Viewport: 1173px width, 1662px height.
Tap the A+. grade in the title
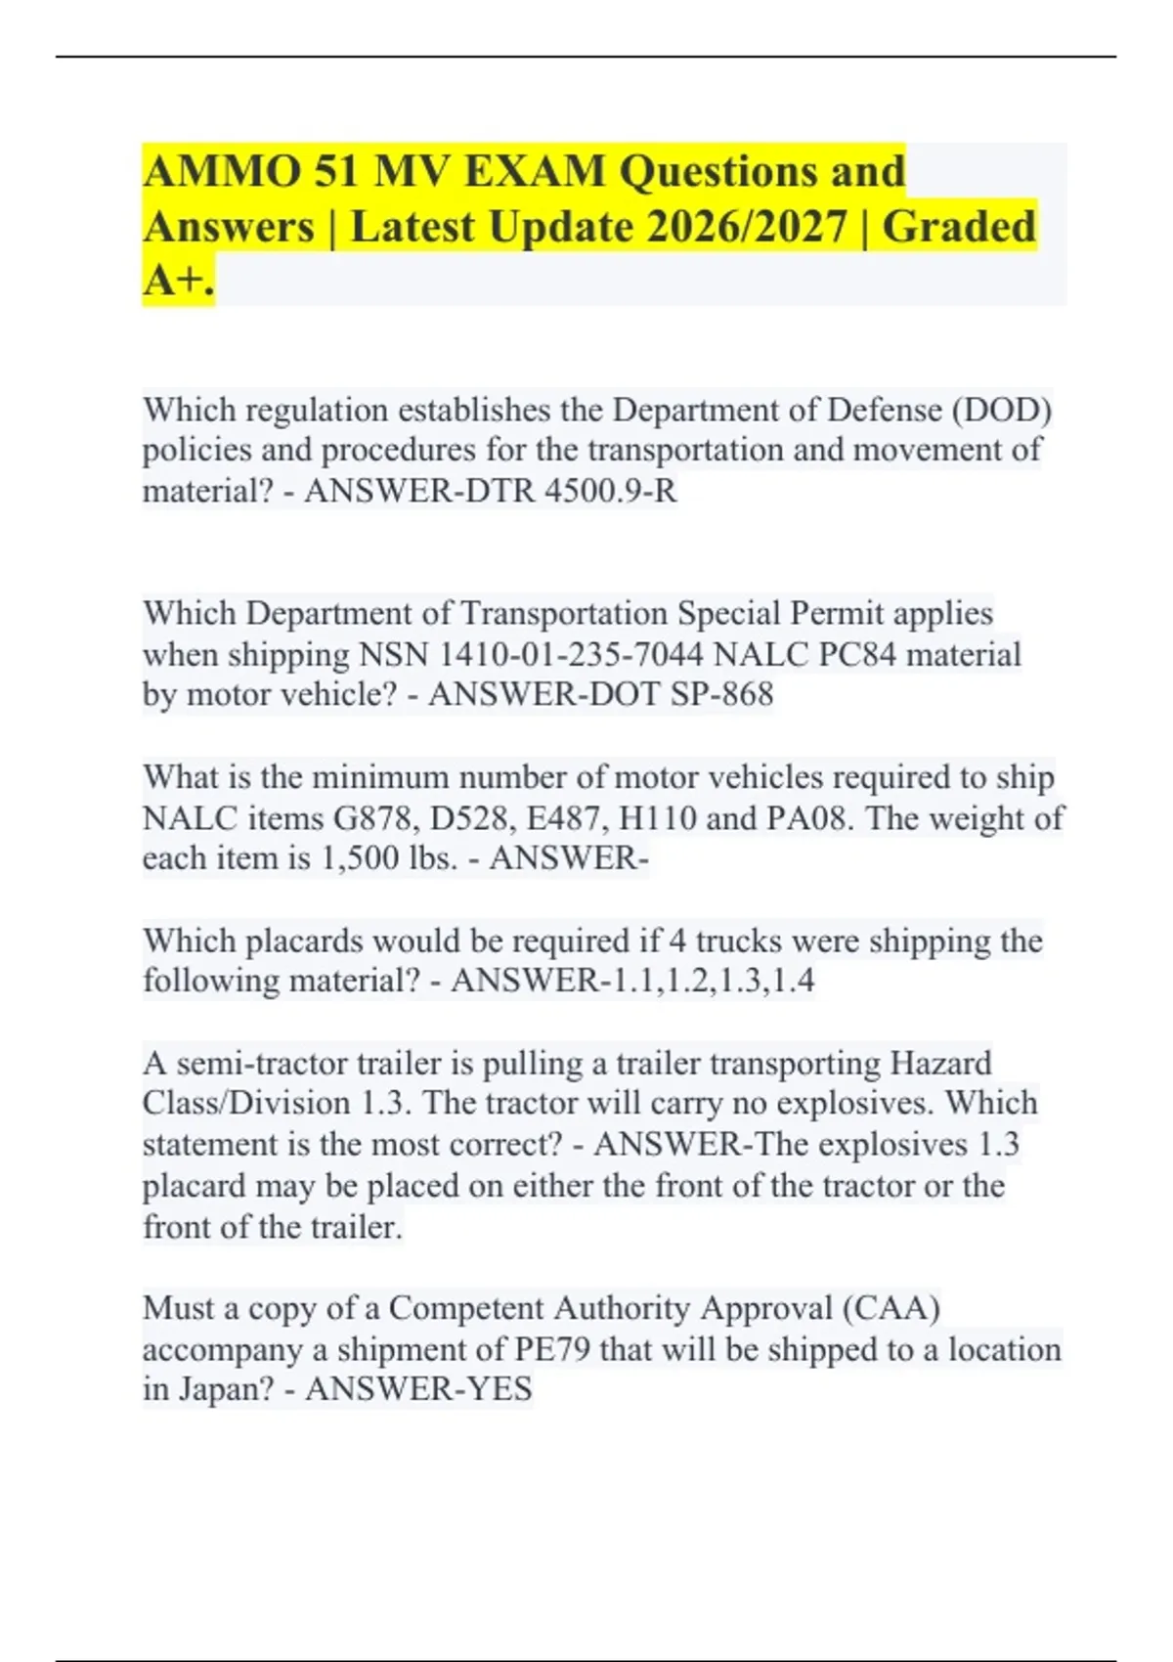[x=178, y=282]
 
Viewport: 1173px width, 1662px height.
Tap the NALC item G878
[x=376, y=817]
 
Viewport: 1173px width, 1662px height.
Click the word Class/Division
[x=245, y=1104]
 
